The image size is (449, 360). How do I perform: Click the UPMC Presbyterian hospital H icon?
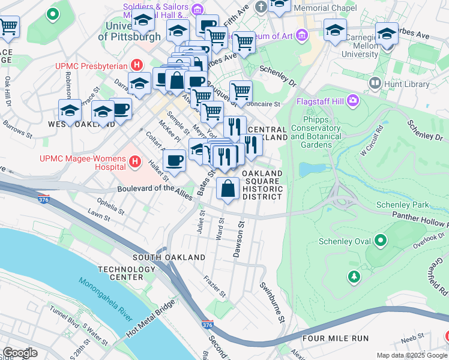pos(137,65)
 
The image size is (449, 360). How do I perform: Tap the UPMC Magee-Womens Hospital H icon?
pos(135,162)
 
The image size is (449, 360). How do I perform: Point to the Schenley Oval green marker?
pos(380,241)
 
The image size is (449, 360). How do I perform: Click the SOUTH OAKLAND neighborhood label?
pos(161,257)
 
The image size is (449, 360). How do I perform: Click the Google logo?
pos(20,353)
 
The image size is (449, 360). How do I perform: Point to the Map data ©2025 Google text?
pos(411,355)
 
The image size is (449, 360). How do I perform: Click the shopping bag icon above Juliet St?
pos(228,188)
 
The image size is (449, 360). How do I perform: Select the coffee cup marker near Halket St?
pos(174,161)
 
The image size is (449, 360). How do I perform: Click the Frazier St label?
pos(214,287)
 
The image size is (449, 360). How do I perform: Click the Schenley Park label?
pos(402,205)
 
